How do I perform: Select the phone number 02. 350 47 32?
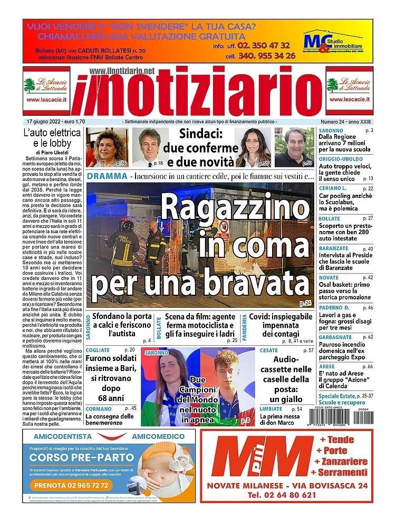coord(264,45)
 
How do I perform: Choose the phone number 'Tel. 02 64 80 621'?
coord(286,495)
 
